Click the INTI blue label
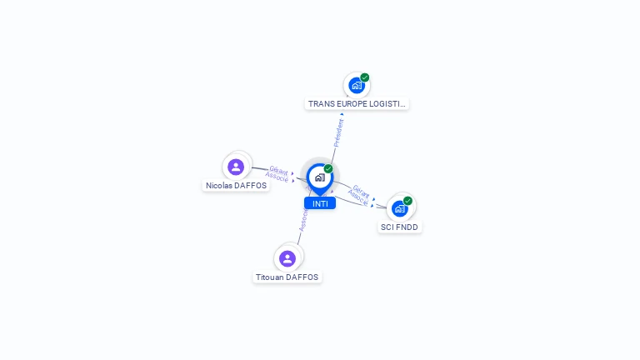point(319,203)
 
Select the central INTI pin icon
point(319,177)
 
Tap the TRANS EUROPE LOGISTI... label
point(357,104)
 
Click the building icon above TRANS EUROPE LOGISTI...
point(357,85)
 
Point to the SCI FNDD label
point(400,227)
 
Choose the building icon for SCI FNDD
point(400,208)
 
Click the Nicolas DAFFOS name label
point(237,186)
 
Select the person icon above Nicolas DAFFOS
point(236,167)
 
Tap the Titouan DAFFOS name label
point(287,277)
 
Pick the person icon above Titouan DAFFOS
point(287,258)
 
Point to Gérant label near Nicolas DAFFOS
point(278,170)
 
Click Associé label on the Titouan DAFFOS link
point(304,221)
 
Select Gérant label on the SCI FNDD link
point(362,191)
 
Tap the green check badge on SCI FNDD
point(407,201)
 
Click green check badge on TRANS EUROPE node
point(364,77)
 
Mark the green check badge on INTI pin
point(328,169)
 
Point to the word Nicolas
point(220,186)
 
